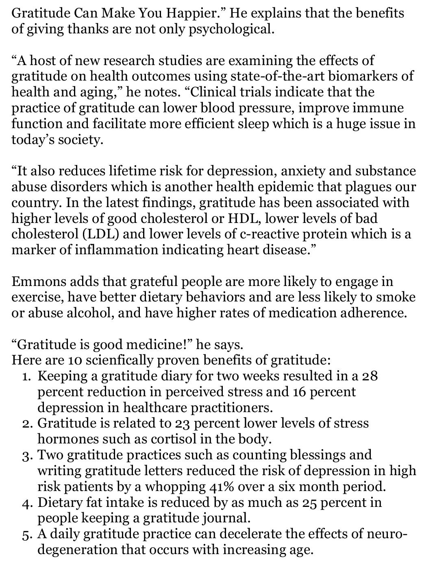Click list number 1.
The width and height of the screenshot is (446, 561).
coord(26,376)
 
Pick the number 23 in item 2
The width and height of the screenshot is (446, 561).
coord(183,423)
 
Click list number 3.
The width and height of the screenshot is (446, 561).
coord(26,455)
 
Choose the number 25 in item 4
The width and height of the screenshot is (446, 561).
coord(311,502)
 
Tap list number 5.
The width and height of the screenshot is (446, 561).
coord(26,534)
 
